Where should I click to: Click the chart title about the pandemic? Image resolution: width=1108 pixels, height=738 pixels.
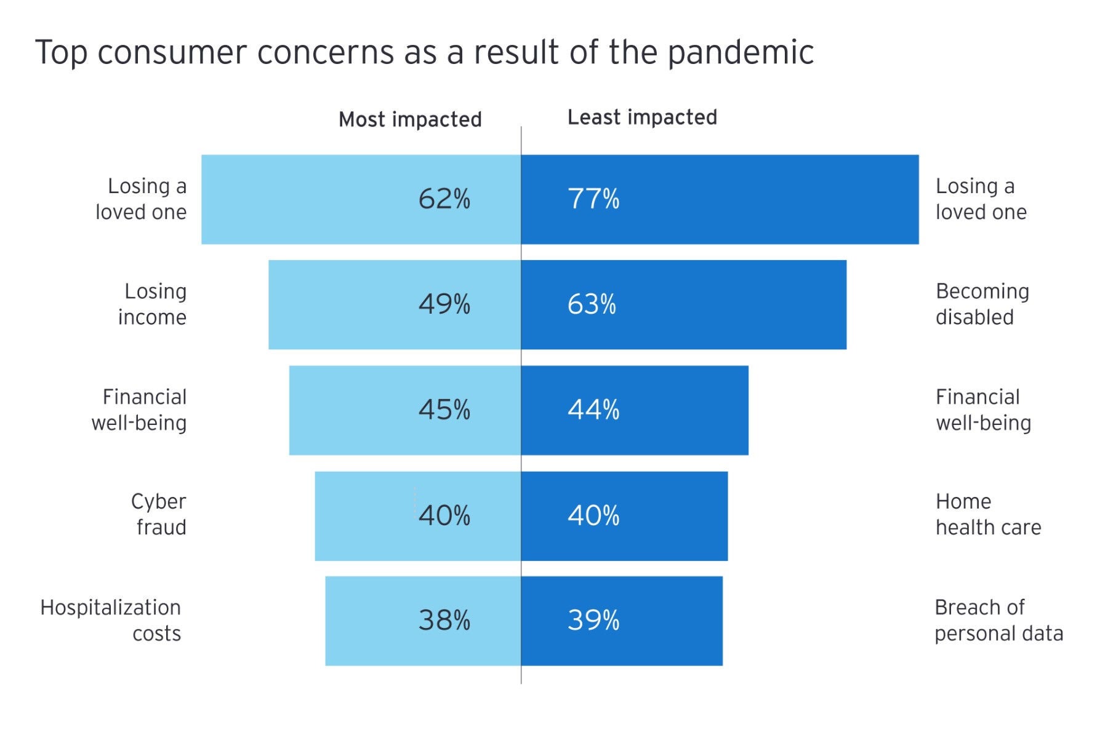coord(425,52)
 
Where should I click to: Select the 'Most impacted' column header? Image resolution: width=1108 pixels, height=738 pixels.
coord(410,119)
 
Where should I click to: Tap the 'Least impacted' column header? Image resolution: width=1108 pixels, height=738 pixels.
coord(642,117)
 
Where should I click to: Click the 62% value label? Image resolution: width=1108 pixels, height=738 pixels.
coord(444,199)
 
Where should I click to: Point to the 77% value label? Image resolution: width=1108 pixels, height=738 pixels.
coord(593,199)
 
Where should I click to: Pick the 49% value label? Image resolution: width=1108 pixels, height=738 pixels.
coord(444,304)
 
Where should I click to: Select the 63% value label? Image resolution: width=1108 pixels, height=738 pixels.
coord(591,304)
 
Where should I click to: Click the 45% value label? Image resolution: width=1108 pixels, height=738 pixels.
coord(444,410)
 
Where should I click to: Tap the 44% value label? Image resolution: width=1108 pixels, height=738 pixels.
coord(593,410)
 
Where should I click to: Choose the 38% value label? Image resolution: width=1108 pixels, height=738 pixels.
coord(444,621)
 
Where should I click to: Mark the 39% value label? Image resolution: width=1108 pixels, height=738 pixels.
coord(593,621)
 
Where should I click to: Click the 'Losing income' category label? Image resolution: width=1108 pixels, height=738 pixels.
coord(153,304)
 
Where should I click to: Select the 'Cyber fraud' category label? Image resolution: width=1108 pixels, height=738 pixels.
coord(159,515)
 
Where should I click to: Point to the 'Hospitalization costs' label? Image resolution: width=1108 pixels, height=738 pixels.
coord(111,621)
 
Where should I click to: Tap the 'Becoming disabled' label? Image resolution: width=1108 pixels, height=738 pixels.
coord(982,304)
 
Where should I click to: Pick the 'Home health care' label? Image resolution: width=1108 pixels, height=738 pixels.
coord(988,515)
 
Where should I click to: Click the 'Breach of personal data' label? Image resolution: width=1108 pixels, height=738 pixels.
coord(998,621)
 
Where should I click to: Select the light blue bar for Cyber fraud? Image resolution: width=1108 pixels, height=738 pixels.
coord(363,516)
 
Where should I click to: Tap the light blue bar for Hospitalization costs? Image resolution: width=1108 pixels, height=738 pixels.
coord(369,621)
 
